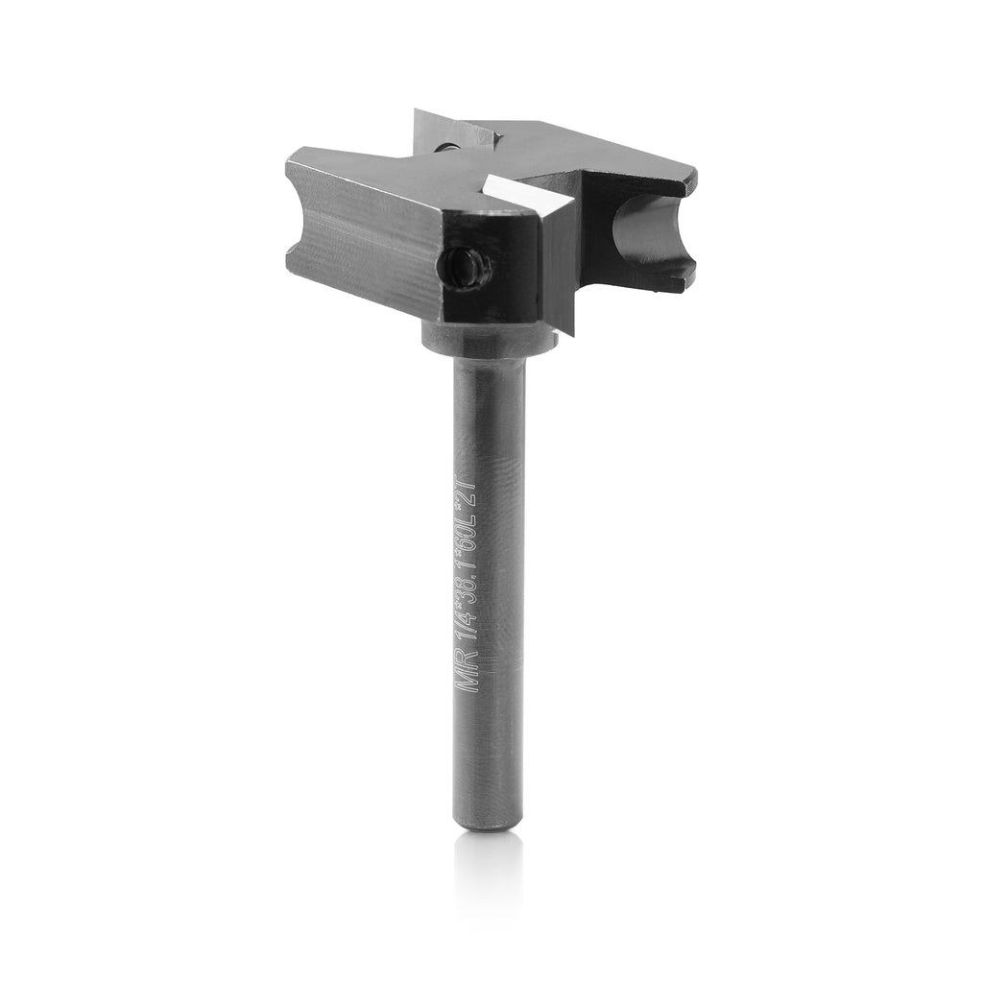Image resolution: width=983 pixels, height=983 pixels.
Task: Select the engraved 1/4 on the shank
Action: coord(469,627)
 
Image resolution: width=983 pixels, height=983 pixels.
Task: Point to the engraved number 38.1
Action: coord(472,574)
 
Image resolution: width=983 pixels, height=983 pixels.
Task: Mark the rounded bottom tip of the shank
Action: coord(488,821)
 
